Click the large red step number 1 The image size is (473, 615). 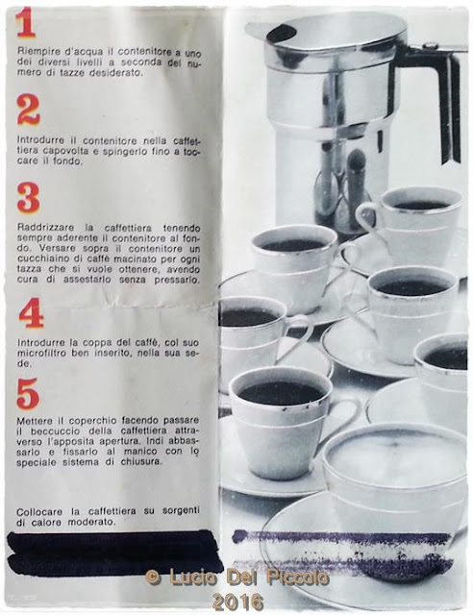(26, 23)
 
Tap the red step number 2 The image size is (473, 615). (28, 111)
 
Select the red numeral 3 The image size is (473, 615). (28, 198)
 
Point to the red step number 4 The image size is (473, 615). (31, 313)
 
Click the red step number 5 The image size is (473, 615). (28, 393)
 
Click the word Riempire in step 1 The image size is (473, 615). (34, 52)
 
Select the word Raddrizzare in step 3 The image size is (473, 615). (38, 228)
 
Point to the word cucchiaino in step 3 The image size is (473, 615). (37, 258)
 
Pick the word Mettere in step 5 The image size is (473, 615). (30, 421)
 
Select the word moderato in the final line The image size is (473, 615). (91, 522)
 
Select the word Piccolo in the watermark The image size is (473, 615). (298, 577)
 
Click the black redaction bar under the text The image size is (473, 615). (113, 553)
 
